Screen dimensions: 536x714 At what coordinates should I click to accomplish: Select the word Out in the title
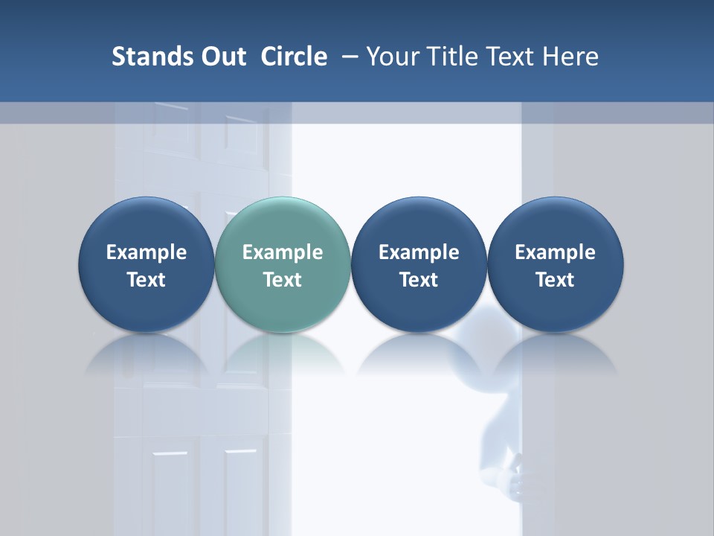click(x=222, y=57)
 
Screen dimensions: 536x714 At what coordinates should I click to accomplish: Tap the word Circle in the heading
click(x=294, y=57)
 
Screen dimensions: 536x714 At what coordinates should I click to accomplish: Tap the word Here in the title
click(x=571, y=57)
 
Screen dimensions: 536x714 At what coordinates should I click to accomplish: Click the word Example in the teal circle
click(x=283, y=252)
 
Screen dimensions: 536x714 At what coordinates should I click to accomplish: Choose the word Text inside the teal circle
click(x=283, y=280)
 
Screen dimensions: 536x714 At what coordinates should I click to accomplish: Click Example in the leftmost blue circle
click(x=147, y=252)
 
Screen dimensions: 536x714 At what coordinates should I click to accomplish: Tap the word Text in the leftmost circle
click(x=147, y=280)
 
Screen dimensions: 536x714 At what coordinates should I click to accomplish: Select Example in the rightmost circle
click(x=555, y=252)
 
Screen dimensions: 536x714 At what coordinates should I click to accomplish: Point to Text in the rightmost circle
click(x=555, y=280)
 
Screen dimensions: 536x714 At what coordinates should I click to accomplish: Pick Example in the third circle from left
click(x=419, y=252)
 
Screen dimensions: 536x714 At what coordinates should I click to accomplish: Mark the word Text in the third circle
click(x=419, y=280)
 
